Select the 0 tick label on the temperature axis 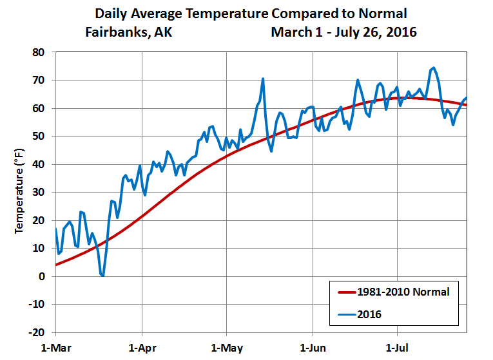46,276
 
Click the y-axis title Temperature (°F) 20,191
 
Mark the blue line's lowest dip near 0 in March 102,276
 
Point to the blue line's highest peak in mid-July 433,68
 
